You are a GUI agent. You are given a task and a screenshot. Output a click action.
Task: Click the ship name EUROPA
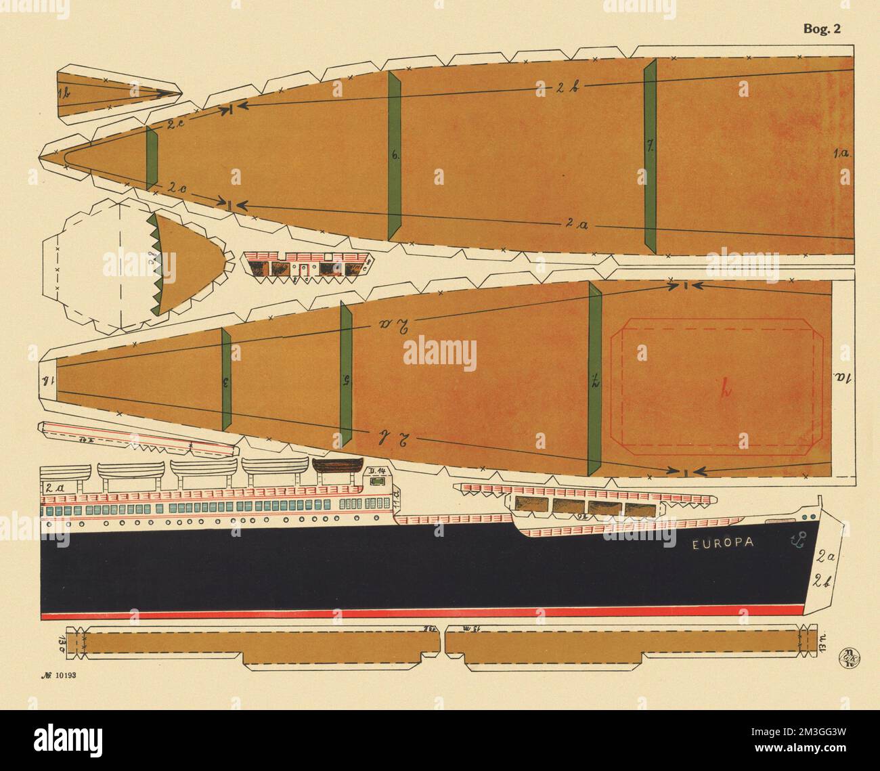click(x=724, y=544)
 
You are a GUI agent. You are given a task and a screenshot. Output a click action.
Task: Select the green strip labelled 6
click(x=395, y=155)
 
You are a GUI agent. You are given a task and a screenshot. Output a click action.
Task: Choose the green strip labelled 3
click(x=225, y=382)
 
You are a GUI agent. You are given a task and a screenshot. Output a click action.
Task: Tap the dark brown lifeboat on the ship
click(x=336, y=468)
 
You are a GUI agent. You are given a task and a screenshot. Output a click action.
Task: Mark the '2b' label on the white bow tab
click(x=824, y=579)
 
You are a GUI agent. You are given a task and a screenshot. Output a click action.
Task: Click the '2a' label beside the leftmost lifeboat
click(x=54, y=487)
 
